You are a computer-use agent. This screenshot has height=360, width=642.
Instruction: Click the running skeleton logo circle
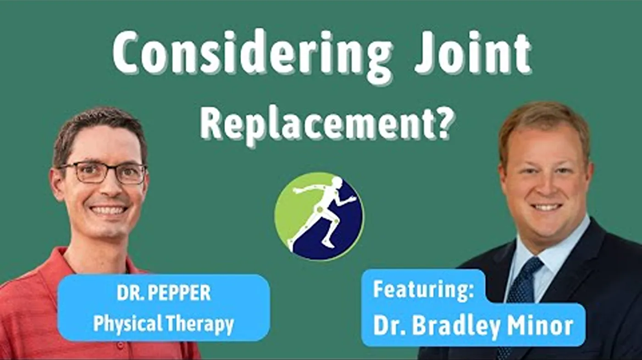click(319, 216)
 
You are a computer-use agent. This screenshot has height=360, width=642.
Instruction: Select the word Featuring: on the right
click(423, 290)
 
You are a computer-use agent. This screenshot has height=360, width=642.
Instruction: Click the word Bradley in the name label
click(457, 327)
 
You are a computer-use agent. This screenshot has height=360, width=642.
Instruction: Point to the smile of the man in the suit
click(547, 207)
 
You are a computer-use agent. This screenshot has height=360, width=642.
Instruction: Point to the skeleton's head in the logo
click(336, 183)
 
